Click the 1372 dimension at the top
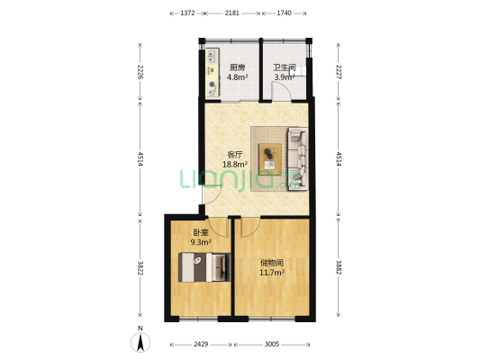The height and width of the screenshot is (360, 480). pos(187,13)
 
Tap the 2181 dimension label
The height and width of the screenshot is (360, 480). pos(232,13)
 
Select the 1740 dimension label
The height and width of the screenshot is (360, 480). pos(284,13)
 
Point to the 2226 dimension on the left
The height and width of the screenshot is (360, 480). pos(140,72)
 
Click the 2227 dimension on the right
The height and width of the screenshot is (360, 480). pos(339,72)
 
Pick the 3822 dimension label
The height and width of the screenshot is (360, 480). pos(140,268)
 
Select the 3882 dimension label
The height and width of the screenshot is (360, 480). pos(339,268)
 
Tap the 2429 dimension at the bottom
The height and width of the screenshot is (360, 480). pos(201,345)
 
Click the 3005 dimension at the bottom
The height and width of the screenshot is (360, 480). pos(272,345)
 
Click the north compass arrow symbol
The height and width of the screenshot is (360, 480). pos(140,342)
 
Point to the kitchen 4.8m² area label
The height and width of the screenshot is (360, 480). pos(237,72)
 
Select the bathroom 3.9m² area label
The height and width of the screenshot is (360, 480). pos(285,72)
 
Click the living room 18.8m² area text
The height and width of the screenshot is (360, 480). pos(235,159)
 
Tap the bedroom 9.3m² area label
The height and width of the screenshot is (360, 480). pos(201,238)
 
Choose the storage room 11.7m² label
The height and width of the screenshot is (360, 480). pos(272,267)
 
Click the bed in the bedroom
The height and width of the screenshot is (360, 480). pos(204,267)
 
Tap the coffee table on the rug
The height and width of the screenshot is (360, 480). pos(270,159)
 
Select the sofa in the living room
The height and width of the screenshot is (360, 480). pos(297,159)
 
